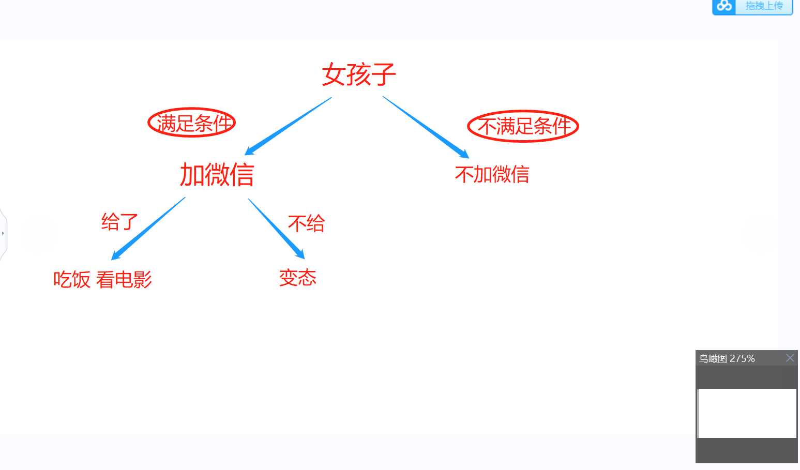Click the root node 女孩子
(x=359, y=74)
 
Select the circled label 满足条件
(x=192, y=123)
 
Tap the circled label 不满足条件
(x=523, y=126)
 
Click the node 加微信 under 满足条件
(x=217, y=175)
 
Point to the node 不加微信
(x=492, y=175)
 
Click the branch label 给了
(x=119, y=222)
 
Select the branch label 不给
(x=306, y=223)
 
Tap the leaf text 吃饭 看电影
(x=102, y=280)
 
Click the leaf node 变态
(x=297, y=278)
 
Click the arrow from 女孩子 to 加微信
(x=288, y=126)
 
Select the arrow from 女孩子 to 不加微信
(x=426, y=127)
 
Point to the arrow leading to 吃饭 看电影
(x=148, y=228)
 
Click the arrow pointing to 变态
(x=276, y=228)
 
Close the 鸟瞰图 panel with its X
(x=790, y=358)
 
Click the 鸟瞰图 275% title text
(x=727, y=358)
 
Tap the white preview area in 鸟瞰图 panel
(x=747, y=413)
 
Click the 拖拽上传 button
(x=764, y=6)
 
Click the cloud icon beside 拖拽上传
(x=724, y=6)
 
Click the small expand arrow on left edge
(x=3, y=233)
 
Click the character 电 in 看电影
(x=124, y=280)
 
